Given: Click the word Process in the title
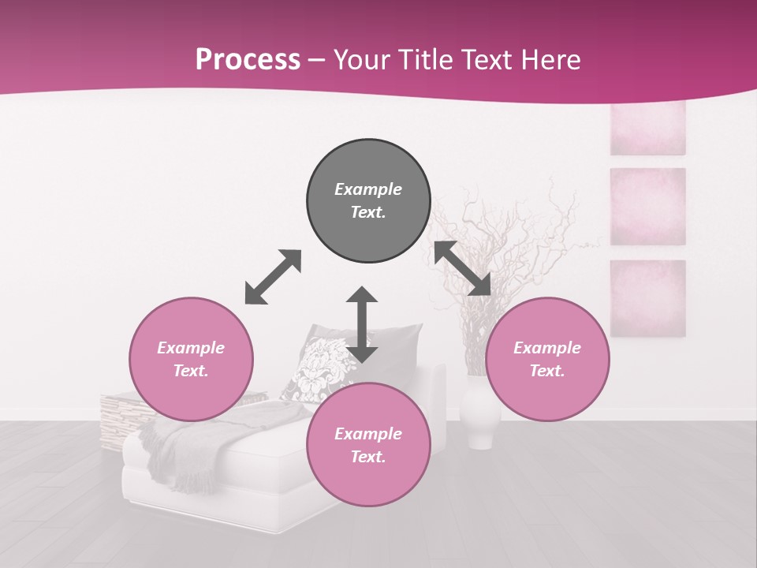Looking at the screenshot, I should click(x=248, y=60).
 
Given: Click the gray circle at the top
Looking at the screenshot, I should click(x=368, y=201).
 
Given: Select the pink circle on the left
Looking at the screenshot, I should click(x=191, y=360).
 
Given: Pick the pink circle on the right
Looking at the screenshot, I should click(x=547, y=360).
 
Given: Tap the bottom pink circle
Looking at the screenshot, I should click(x=368, y=443).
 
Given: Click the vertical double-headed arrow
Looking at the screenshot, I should click(x=362, y=324).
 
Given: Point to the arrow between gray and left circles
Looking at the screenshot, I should click(x=273, y=277).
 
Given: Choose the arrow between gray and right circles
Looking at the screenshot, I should click(x=463, y=268).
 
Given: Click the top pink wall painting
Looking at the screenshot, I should click(x=647, y=128).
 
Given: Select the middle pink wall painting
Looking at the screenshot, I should click(x=647, y=207).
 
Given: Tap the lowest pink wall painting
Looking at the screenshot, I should click(x=647, y=297).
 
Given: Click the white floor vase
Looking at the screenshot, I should click(x=479, y=414).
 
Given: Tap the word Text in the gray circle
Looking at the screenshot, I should click(x=368, y=212).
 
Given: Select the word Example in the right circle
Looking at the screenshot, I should click(x=547, y=348).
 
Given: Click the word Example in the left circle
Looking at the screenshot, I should click(x=191, y=348).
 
